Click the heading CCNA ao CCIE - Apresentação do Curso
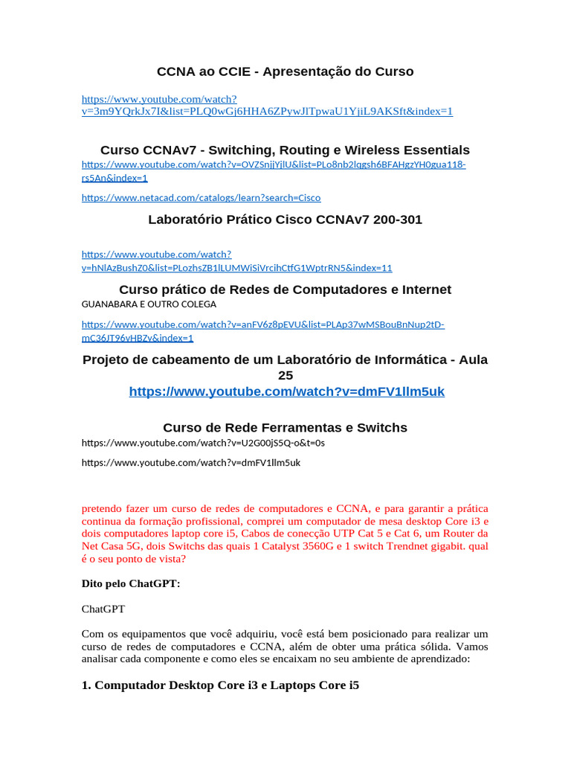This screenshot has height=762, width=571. pos(285,71)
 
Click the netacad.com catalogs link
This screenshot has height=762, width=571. pos(201,198)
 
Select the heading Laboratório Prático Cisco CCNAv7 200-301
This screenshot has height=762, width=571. pos(285,220)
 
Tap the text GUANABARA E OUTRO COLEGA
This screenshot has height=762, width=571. pos(149,304)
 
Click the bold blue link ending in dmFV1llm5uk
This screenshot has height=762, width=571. pos(286,391)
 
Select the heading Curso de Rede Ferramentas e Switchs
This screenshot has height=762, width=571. pos(285,428)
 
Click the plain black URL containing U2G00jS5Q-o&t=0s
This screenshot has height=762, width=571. pos(203,444)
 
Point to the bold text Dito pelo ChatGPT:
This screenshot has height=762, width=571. pos(131,584)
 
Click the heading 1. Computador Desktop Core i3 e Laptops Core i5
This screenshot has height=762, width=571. pos(220,685)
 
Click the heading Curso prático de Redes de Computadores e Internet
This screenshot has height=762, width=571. pos(285,289)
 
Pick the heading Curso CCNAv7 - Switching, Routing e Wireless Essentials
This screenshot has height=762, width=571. pos(285,150)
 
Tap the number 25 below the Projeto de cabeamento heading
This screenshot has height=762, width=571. pos(285,376)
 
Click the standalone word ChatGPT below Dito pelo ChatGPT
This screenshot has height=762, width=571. pos(103,609)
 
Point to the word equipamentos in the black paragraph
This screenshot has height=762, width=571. pos(147,634)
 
